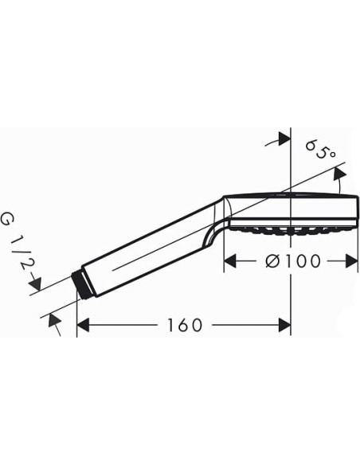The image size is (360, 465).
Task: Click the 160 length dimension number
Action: (x=185, y=325)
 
